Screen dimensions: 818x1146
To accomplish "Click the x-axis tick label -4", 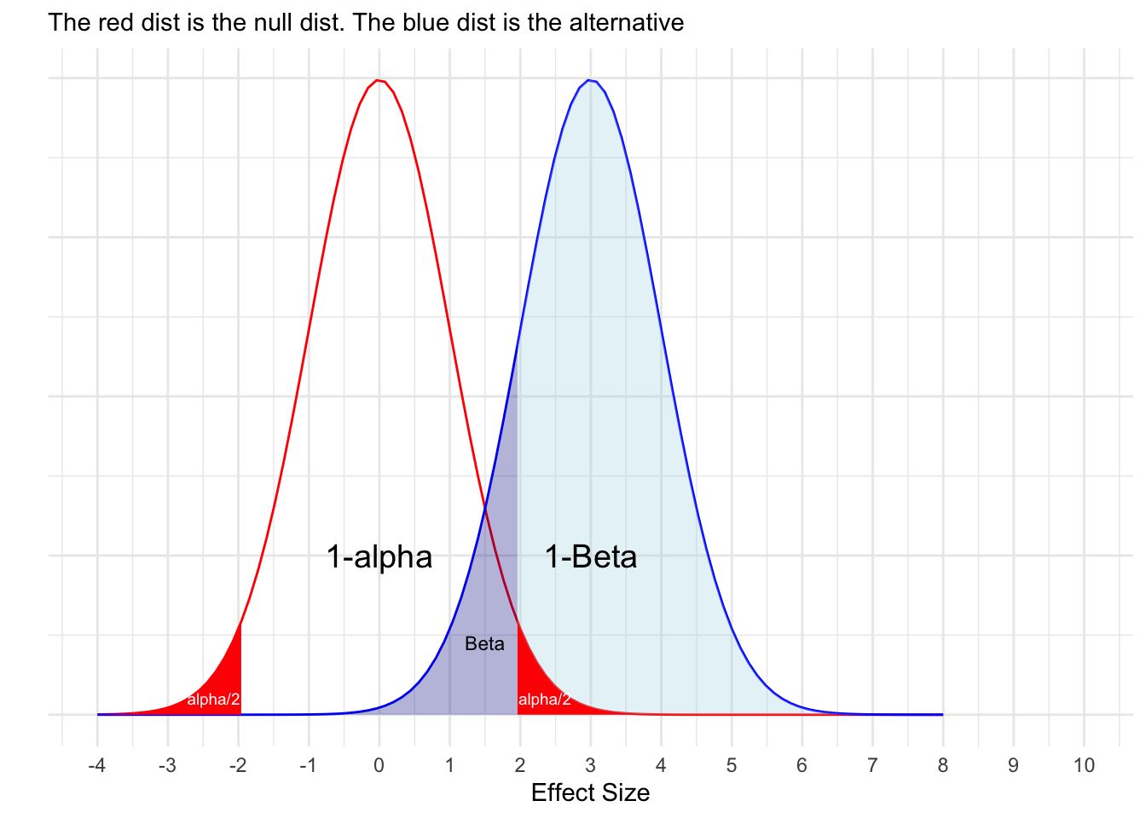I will pyautogui.click(x=97, y=765).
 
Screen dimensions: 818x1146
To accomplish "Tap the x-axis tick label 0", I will pyautogui.click(x=379, y=765).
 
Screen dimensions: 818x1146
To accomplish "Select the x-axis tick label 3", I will pyautogui.click(x=590, y=765).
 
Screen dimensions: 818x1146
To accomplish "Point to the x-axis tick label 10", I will pyautogui.click(x=1084, y=765).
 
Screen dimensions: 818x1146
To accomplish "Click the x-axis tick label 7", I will pyautogui.click(x=872, y=765).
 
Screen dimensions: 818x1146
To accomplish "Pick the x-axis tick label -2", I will pyautogui.click(x=238, y=765).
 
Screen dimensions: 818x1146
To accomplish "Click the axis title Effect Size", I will pyautogui.click(x=590, y=793).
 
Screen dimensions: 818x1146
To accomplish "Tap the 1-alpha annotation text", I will pyautogui.click(x=379, y=557).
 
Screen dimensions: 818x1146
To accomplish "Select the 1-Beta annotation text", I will pyautogui.click(x=591, y=557).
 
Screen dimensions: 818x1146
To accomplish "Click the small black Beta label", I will pyautogui.click(x=484, y=644).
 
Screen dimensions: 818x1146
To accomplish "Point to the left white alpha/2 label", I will pyautogui.click(x=213, y=700).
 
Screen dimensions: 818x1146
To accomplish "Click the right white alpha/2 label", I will pyautogui.click(x=544, y=700).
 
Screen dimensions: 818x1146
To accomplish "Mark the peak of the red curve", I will pyautogui.click(x=378, y=80).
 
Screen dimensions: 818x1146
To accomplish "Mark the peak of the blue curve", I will pyautogui.click(x=589, y=80).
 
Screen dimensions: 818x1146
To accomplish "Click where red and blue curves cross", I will pyautogui.click(x=484, y=509).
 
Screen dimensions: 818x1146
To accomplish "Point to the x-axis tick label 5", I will pyautogui.click(x=732, y=765).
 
